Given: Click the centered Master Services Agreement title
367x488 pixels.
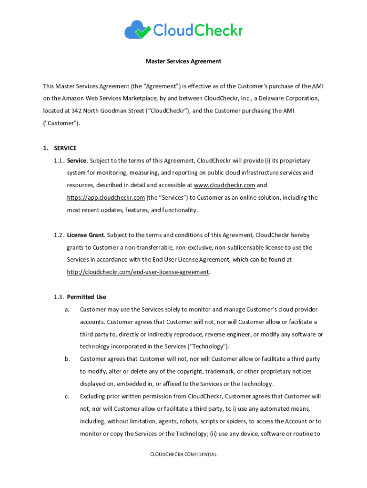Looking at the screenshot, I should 183,61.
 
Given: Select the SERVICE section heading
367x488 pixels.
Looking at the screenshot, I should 65,148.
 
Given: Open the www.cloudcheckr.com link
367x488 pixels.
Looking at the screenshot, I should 224,185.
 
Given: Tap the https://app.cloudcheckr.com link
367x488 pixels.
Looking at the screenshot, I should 105,198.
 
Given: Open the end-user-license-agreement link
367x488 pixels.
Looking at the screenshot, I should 138,272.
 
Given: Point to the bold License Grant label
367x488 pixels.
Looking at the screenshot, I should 85,235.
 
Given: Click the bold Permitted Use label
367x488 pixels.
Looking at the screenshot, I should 86,297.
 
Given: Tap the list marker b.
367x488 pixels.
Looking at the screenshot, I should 67,359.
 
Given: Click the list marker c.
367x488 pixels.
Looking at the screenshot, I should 67,396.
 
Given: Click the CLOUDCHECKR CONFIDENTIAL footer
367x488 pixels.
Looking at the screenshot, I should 183,455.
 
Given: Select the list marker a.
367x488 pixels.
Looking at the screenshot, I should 67,309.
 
